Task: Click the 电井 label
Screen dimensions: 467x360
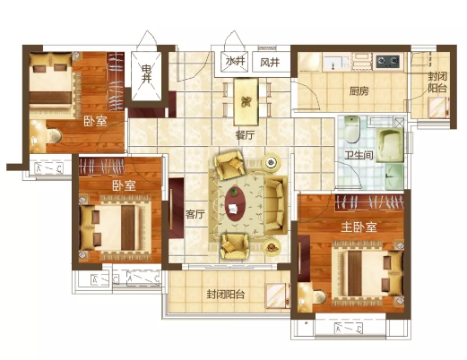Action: tap(146, 74)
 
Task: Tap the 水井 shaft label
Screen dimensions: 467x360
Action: tap(236, 62)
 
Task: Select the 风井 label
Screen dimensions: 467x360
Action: tap(270, 63)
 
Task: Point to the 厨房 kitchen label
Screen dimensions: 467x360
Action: tap(359, 90)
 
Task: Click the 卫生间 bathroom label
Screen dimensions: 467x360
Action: tap(359, 155)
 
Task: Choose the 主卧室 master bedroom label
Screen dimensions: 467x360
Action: tap(359, 227)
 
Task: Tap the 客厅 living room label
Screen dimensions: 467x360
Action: tap(195, 214)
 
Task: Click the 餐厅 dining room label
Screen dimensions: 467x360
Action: tap(246, 135)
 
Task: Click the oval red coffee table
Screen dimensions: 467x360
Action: tap(236, 203)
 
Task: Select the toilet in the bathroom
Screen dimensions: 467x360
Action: tap(352, 130)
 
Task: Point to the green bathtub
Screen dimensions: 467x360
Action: tap(390, 145)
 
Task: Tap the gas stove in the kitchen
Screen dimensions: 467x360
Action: tap(387, 61)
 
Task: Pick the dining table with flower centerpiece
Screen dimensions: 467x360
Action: tap(246, 102)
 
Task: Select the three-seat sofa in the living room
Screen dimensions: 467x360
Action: tap(275, 205)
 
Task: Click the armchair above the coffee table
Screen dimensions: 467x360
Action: tap(229, 165)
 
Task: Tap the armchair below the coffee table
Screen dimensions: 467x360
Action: tap(235, 246)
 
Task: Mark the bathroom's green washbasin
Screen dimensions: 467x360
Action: tap(394, 176)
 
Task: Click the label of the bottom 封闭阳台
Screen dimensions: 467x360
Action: tap(226, 295)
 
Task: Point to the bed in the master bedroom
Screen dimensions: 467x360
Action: tap(368, 273)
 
